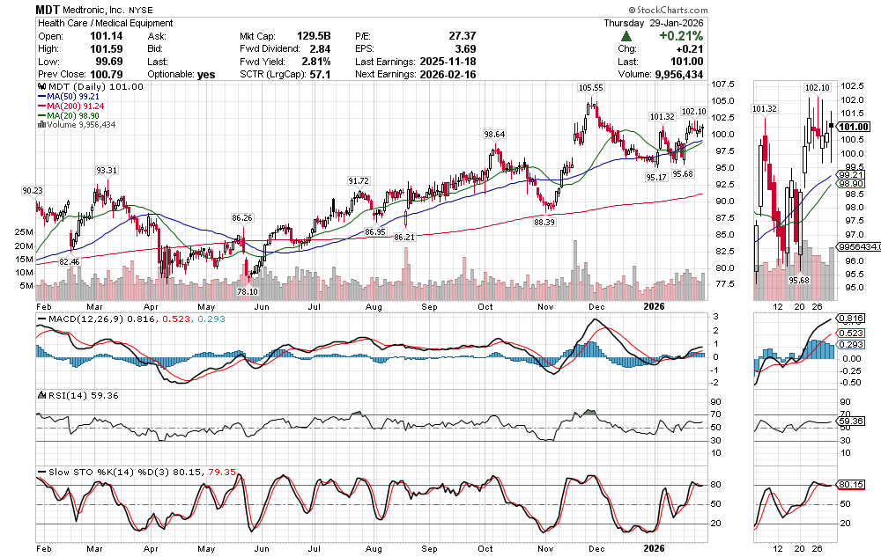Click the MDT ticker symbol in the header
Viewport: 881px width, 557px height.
tap(48, 8)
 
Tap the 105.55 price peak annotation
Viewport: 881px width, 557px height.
tap(590, 88)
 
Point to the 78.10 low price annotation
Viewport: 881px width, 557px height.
tap(248, 291)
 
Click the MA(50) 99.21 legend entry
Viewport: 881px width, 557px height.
tap(70, 98)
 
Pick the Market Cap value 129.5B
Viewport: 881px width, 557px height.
tap(312, 36)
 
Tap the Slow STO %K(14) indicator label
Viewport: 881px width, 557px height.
tap(85, 473)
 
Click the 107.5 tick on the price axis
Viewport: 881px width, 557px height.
tap(724, 84)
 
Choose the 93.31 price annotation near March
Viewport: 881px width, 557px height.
tap(107, 170)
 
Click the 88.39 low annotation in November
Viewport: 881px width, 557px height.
tap(544, 223)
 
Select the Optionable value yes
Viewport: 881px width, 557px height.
tap(206, 75)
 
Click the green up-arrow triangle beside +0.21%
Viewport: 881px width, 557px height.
tap(626, 36)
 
